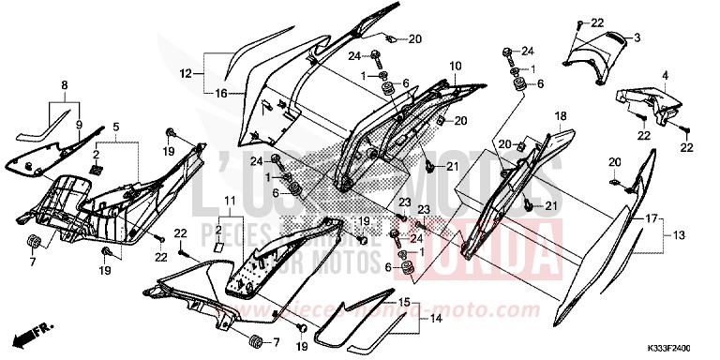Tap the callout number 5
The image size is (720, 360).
click(116, 126)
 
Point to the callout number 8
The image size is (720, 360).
click(64, 85)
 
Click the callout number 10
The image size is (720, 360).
click(455, 67)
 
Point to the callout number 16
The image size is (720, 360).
click(221, 94)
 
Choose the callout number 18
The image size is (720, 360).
click(561, 115)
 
